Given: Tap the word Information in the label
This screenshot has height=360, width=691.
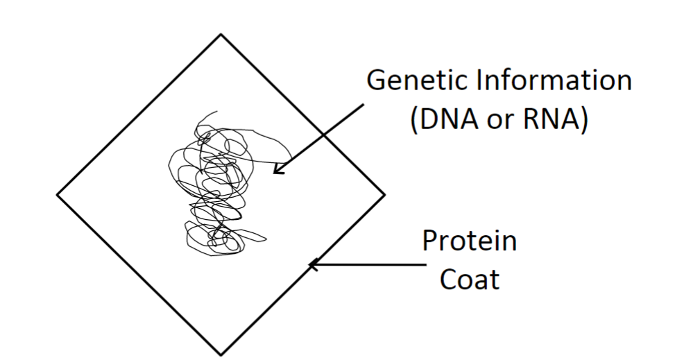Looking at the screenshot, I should [552, 80].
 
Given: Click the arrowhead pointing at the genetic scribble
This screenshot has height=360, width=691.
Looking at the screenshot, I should [278, 169].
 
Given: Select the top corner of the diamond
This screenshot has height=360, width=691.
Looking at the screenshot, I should [221, 34].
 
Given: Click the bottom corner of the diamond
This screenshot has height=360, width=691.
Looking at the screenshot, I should [221, 354].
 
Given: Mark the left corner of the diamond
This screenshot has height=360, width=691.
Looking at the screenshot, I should [57, 194].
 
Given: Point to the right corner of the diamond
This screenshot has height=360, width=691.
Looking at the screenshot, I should [384, 194].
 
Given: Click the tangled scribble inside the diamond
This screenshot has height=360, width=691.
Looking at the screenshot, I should [212, 187].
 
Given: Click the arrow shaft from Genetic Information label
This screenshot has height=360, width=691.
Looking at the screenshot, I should [323, 135].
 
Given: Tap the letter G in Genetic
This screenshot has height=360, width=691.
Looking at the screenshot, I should [376, 80].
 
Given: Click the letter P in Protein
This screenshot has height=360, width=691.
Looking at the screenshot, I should [430, 243].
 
